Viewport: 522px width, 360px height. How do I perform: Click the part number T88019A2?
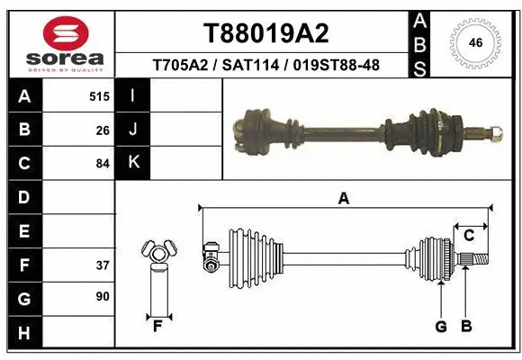pos(265,33)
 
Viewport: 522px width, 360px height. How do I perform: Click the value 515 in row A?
pos(99,96)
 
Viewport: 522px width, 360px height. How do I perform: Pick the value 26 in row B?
pos(103,130)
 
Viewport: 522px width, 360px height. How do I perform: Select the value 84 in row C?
pos(103,164)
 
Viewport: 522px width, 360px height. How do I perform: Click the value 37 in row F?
pos(103,265)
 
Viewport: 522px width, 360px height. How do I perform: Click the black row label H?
pos(23,333)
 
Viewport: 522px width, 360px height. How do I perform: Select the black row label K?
pos(133,163)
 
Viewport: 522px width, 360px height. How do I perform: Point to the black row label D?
pos(23,197)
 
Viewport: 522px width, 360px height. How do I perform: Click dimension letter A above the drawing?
pos(343,198)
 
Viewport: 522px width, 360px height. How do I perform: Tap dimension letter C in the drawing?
pos(469,236)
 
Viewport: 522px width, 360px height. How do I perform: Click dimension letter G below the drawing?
pos(441,326)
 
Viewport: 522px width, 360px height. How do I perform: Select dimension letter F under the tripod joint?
pos(157,326)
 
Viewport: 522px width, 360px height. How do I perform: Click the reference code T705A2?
pos(183,66)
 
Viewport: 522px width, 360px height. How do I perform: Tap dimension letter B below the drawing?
pos(466,326)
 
